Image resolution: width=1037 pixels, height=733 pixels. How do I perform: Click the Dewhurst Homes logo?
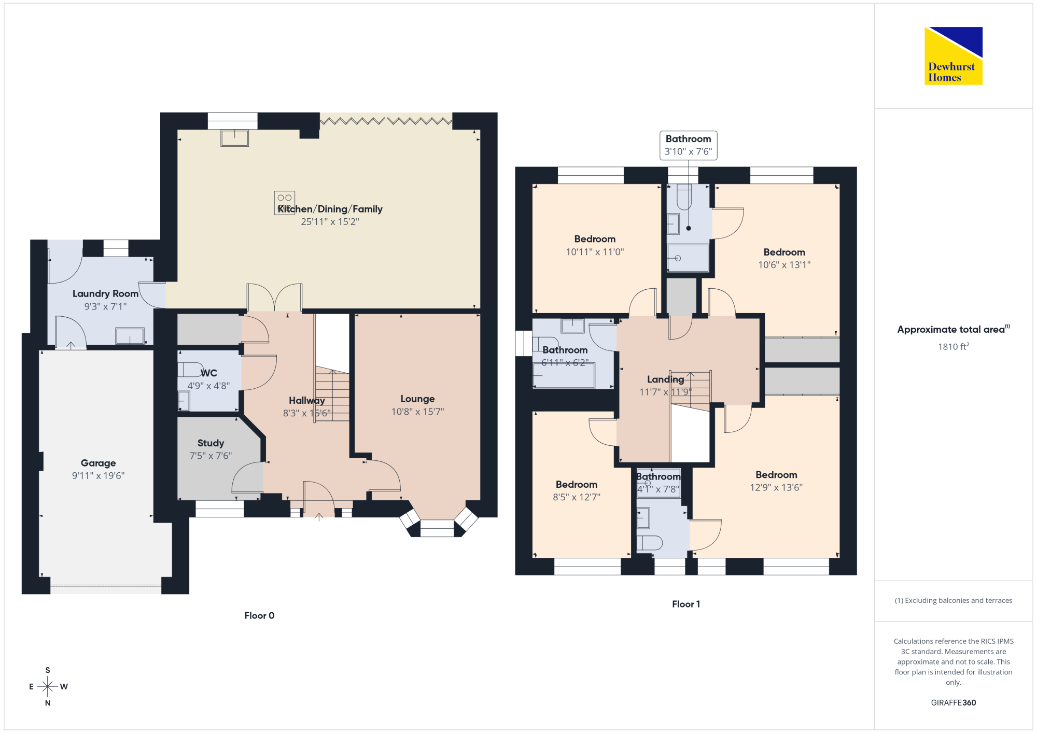point(953,55)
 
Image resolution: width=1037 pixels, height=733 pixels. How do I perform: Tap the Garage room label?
point(98,463)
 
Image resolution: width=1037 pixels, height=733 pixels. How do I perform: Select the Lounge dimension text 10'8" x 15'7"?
point(417,412)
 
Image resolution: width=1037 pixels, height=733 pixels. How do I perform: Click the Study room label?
point(211,443)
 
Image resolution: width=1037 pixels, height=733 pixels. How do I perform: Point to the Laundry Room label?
point(105,293)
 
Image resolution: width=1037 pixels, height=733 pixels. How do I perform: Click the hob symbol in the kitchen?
point(285,203)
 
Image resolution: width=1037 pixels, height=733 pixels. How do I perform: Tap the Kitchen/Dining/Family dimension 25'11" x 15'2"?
point(330,222)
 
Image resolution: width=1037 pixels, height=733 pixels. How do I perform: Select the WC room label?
point(209,373)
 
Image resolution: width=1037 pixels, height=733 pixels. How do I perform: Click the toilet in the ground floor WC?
point(190,370)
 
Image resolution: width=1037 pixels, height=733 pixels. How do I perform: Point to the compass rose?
point(48,686)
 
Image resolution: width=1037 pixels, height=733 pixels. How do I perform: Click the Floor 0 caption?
point(259,615)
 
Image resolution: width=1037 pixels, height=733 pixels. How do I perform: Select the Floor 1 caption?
point(686,604)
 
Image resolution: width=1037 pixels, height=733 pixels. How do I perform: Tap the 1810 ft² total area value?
point(954,346)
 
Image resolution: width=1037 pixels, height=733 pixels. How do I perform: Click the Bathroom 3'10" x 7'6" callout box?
point(689,145)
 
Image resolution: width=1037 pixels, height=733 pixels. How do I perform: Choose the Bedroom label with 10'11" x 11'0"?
point(595,239)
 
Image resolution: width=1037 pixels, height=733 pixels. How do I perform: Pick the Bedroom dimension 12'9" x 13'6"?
point(776,487)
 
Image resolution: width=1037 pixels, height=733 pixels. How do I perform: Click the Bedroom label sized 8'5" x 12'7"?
point(577,484)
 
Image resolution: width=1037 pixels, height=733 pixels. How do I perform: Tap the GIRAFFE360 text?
point(954,703)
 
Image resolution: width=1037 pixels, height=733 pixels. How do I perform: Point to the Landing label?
point(665,379)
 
